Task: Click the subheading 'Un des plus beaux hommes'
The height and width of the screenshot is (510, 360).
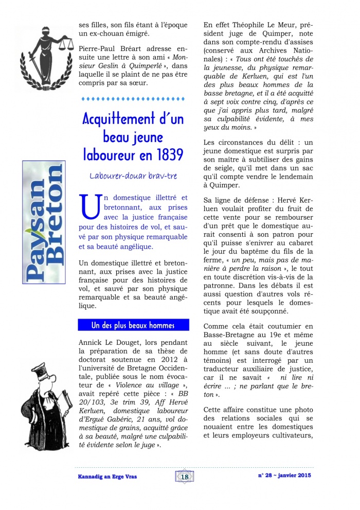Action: point(133,325)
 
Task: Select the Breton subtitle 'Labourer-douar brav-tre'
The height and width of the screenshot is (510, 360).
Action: point(133,176)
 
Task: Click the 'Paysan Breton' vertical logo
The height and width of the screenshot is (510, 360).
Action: point(43,222)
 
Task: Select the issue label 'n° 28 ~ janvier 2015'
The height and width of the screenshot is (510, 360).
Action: point(284,476)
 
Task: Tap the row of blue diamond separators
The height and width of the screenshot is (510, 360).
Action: point(133,98)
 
